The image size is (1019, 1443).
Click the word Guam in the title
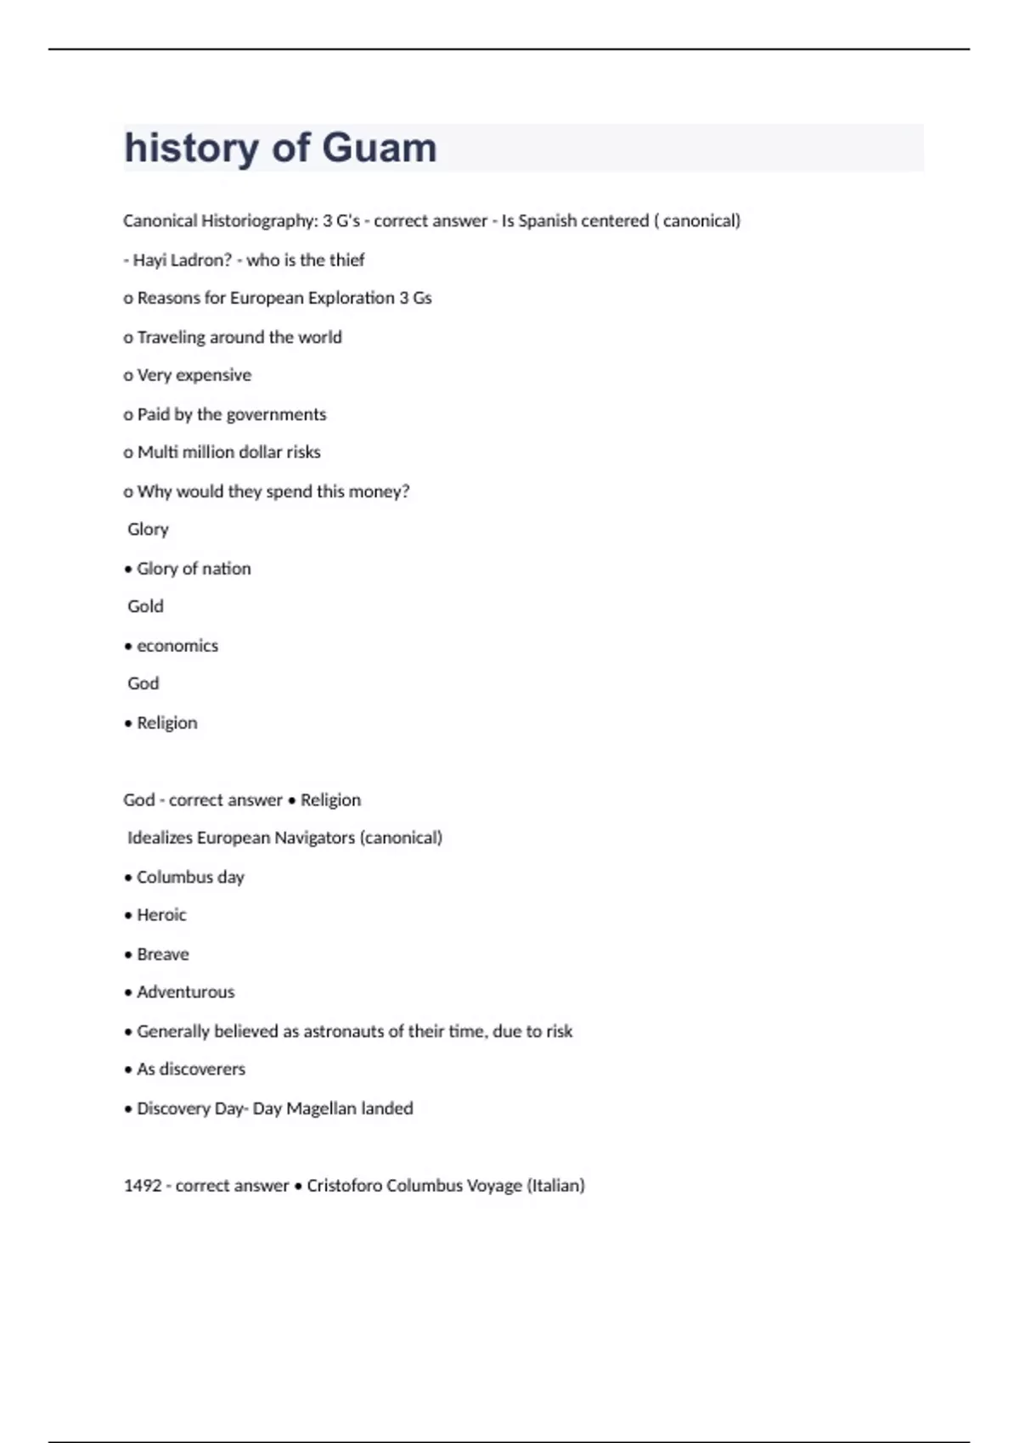point(380,148)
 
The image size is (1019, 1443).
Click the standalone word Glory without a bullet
point(148,530)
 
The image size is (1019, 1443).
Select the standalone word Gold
point(145,606)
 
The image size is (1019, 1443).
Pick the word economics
point(177,646)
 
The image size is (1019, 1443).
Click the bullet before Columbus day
point(128,878)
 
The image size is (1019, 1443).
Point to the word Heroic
point(161,915)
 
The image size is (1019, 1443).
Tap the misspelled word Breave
point(163,954)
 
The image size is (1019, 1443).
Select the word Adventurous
point(186,992)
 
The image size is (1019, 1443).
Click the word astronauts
point(346,1031)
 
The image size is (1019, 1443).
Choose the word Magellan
point(321,1109)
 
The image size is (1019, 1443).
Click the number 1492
point(143,1186)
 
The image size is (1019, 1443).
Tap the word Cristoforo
point(344,1186)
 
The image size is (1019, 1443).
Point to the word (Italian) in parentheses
point(556,1186)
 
